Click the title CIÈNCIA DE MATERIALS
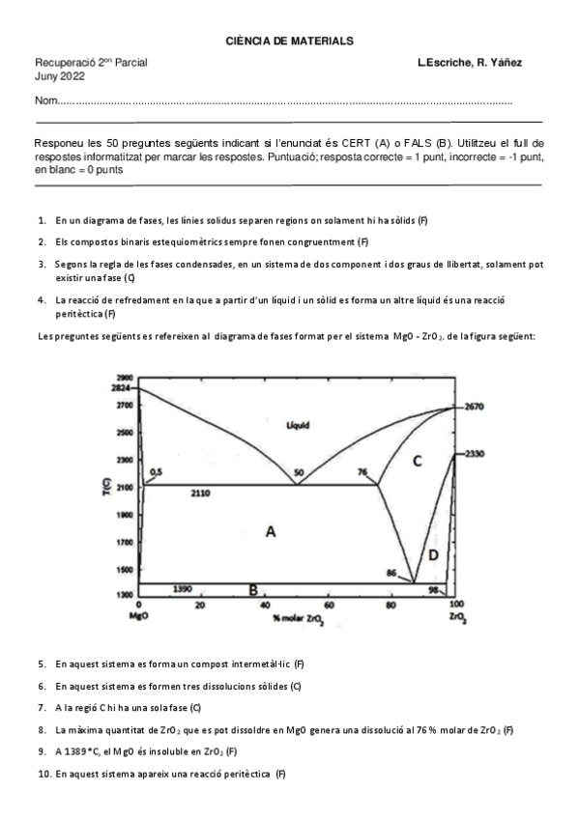[289, 42]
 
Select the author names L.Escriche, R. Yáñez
[469, 63]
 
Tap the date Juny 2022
[59, 76]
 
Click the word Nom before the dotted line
[44, 101]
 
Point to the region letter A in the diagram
[271, 530]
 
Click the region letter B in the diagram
[252, 589]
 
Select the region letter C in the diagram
[418, 461]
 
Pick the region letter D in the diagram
[433, 554]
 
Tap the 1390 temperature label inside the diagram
[184, 587]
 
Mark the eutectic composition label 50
[299, 472]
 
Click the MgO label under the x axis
[137, 616]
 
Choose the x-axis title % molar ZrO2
[300, 617]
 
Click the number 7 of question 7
[43, 708]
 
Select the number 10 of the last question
[44, 774]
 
